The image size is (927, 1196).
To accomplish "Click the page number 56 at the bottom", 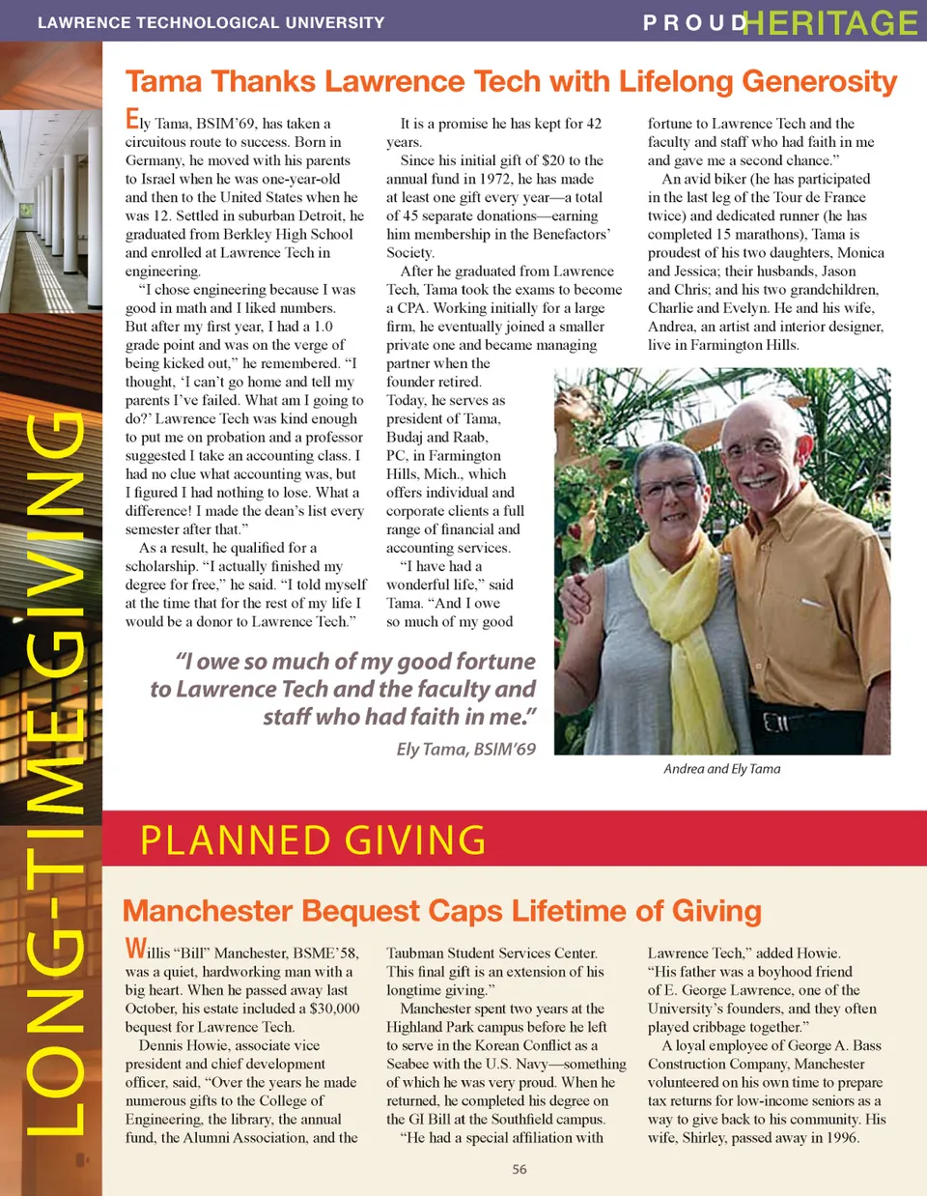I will (520, 1169).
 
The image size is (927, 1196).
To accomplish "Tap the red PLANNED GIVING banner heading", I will (313, 840).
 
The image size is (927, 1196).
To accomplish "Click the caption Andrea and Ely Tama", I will (721, 769).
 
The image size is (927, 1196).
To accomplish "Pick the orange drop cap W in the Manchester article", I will (136, 949).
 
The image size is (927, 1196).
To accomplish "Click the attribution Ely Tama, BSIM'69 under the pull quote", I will (465, 749).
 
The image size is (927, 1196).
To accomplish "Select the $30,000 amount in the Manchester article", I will (334, 1009).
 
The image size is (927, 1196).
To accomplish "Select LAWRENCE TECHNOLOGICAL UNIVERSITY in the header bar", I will (211, 22).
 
